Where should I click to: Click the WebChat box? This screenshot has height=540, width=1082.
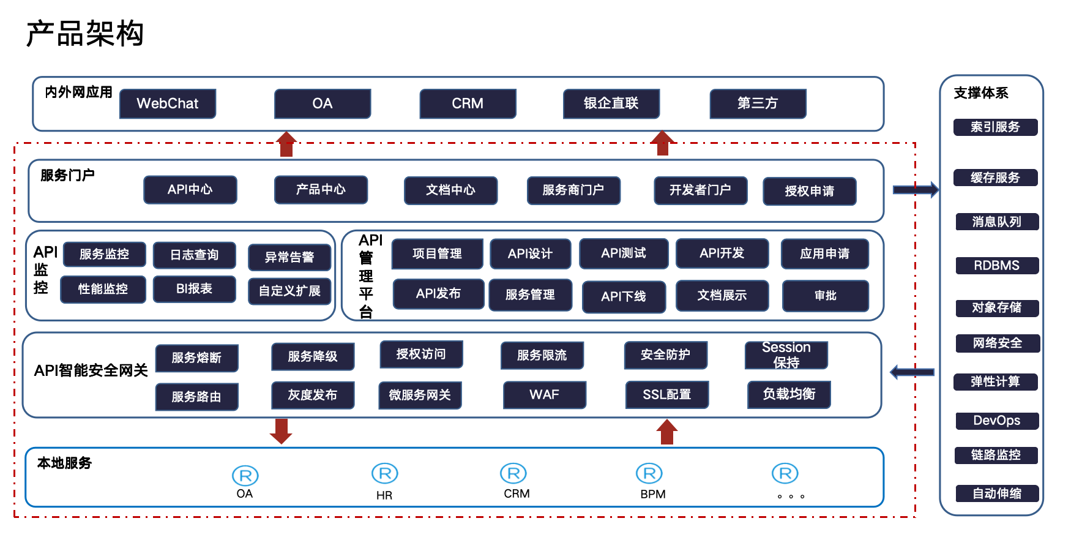coord(167,103)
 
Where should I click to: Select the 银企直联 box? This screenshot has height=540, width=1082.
coord(611,103)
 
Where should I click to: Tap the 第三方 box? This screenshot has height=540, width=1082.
coord(758,103)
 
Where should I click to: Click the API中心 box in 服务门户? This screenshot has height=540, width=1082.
coord(190,190)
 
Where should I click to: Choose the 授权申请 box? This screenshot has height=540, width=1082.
coord(809,191)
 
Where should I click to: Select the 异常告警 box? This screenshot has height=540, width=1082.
coord(289,257)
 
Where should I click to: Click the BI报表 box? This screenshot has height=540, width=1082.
coord(194,289)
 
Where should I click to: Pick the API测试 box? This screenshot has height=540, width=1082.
coord(624,253)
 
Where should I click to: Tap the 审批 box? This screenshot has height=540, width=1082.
coord(825,296)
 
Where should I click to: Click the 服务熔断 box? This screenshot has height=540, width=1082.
coord(196,358)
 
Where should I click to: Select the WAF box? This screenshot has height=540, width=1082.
coord(544,395)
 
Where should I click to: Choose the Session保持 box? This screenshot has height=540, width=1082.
coord(786,355)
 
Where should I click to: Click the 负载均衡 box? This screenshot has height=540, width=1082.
coord(789,394)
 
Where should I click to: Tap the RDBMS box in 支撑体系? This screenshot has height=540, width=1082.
coord(996,266)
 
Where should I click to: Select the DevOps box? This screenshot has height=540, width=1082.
coord(996,421)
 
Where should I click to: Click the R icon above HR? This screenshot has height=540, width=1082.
coord(384,473)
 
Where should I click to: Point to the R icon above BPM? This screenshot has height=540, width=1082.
coord(649,473)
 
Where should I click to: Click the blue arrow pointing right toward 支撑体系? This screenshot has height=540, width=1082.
coord(915,190)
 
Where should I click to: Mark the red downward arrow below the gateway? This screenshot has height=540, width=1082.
coord(281,431)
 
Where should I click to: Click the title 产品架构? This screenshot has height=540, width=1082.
coord(85,34)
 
